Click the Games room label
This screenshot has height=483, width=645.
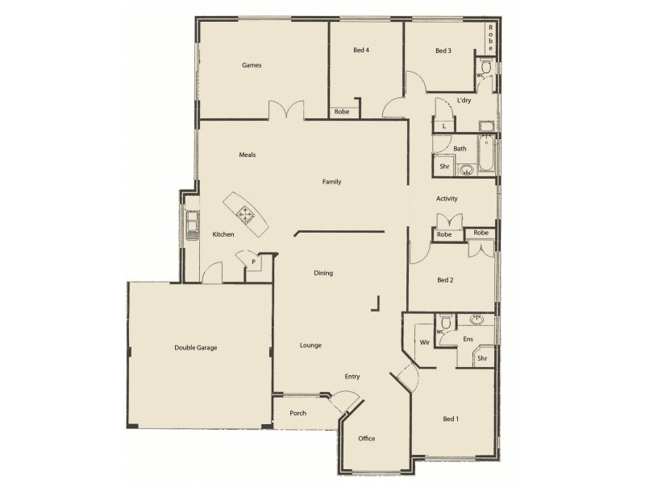tap(252, 65)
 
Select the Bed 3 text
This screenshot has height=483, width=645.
tap(443, 52)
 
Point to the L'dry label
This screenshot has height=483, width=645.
tap(464, 101)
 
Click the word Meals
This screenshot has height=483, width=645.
tap(247, 155)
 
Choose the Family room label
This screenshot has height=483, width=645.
tap(331, 182)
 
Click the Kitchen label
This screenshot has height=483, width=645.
tap(223, 234)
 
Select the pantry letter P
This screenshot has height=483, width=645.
tap(252, 262)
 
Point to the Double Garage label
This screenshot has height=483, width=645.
tap(196, 348)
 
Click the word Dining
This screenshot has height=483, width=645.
tap(323, 274)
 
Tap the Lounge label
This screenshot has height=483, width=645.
tap(310, 346)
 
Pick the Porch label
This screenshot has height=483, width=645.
tap(298, 413)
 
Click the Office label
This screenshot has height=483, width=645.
tap(367, 439)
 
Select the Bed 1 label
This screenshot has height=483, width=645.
tap(451, 419)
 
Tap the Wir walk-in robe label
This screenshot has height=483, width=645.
tap(424, 342)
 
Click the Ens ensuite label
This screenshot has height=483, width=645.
tap(468, 340)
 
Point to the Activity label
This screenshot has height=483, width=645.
tap(447, 199)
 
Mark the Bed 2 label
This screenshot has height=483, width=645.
tap(445, 280)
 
